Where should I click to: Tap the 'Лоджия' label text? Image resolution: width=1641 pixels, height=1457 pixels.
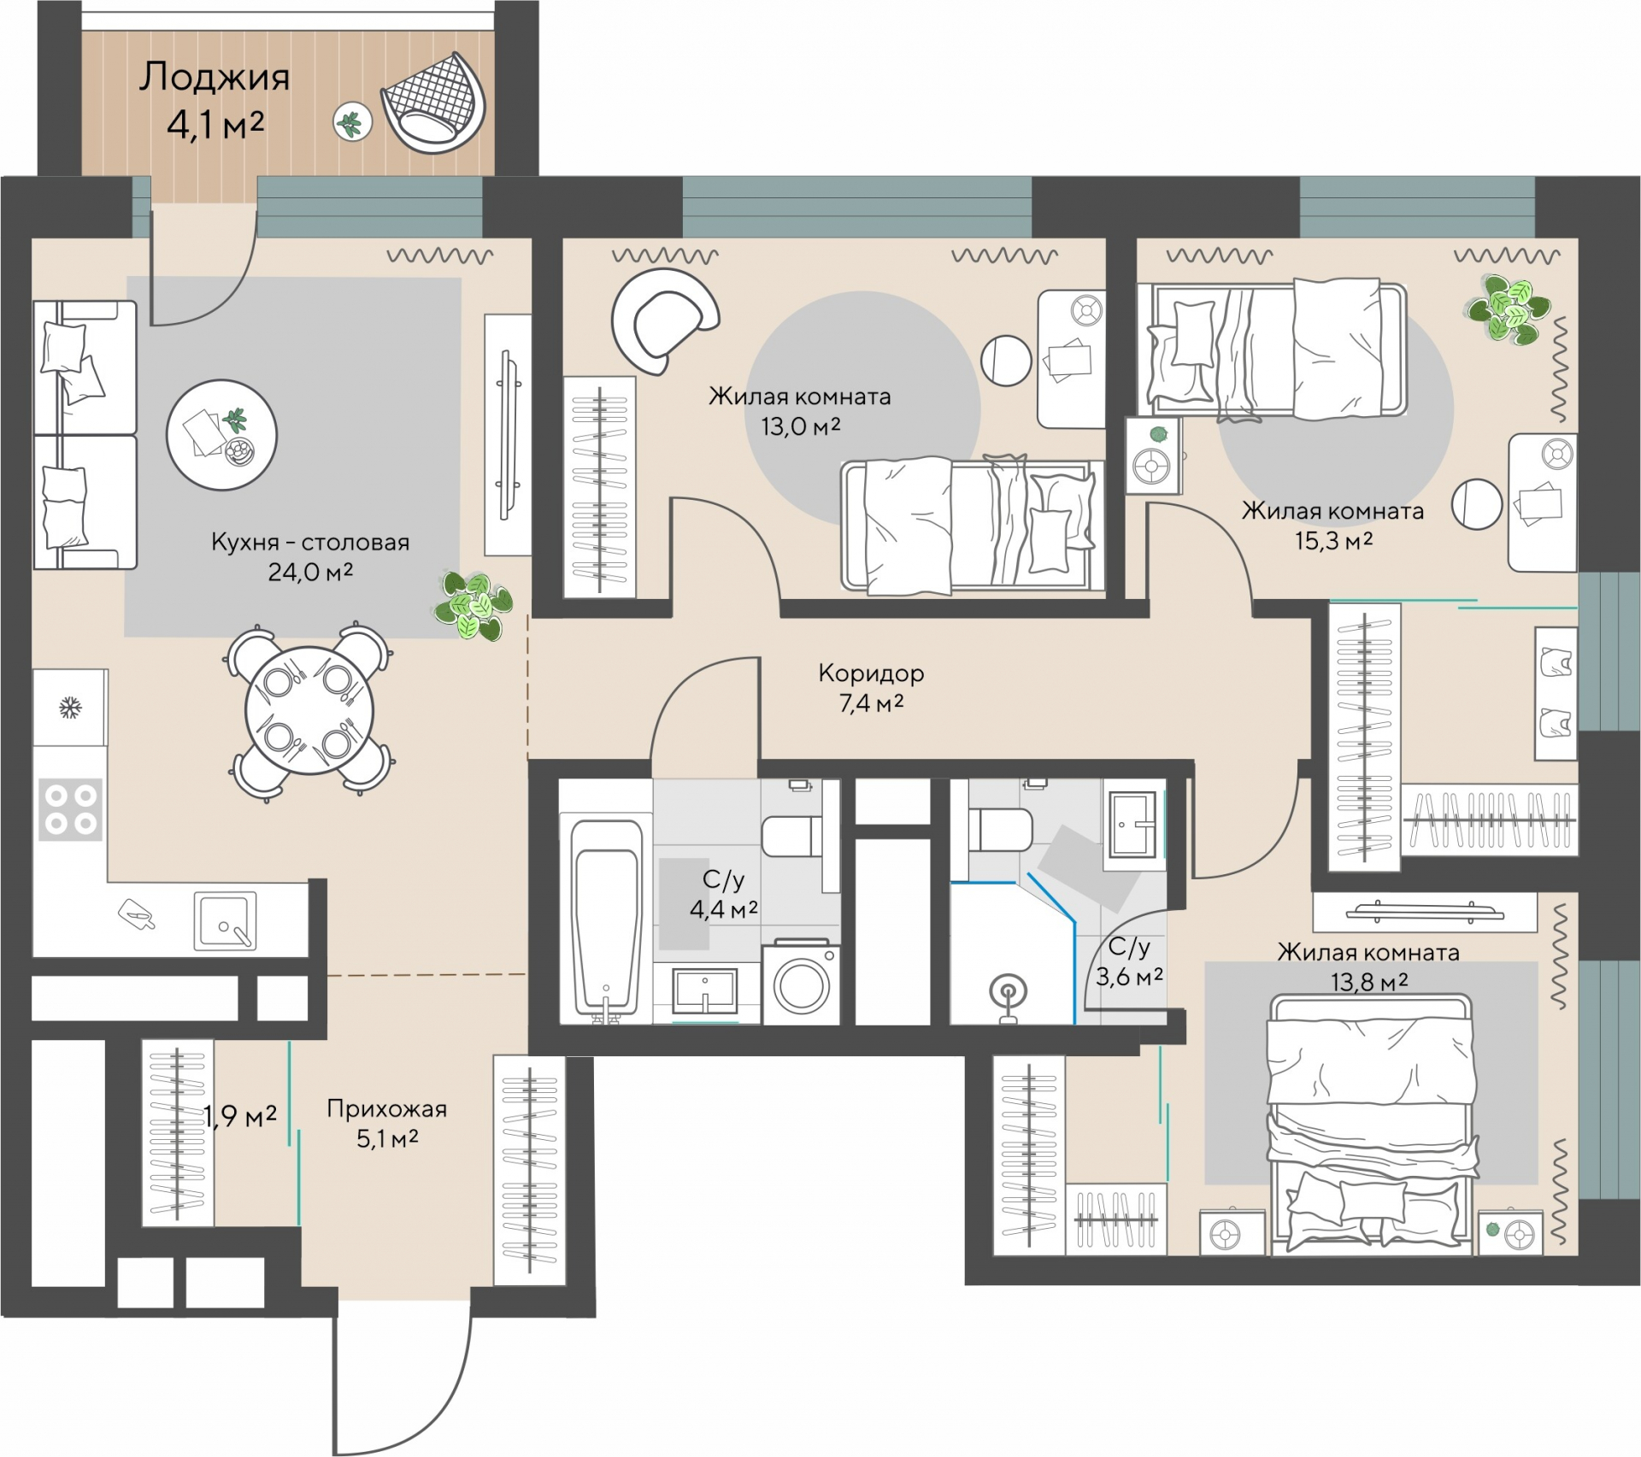[x=215, y=77]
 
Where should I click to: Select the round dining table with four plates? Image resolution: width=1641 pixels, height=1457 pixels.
[x=309, y=711]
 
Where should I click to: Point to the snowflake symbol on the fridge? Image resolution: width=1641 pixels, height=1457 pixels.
[x=70, y=708]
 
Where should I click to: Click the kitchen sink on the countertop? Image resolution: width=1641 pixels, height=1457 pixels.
[x=225, y=921]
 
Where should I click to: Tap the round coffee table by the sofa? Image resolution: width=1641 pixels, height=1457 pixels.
[x=222, y=435]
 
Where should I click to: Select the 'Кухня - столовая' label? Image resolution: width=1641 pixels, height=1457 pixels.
[x=310, y=542]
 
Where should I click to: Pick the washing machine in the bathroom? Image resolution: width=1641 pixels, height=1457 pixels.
[x=801, y=983]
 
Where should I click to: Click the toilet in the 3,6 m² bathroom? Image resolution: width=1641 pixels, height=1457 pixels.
[x=1000, y=828]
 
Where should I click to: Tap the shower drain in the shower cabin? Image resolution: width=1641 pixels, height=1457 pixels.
[x=1008, y=992]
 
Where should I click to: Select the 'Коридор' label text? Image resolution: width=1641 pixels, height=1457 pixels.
[x=871, y=673]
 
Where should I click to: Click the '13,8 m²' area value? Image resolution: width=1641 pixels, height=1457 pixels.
[x=1368, y=983]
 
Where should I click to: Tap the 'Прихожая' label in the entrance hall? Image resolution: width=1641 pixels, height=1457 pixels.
[x=386, y=1109]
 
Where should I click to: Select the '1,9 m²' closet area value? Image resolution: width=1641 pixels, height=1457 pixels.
[x=240, y=1115]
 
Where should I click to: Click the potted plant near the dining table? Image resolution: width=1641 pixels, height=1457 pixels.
[x=473, y=605]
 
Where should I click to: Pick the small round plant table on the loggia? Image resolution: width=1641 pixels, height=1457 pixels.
[x=352, y=123]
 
